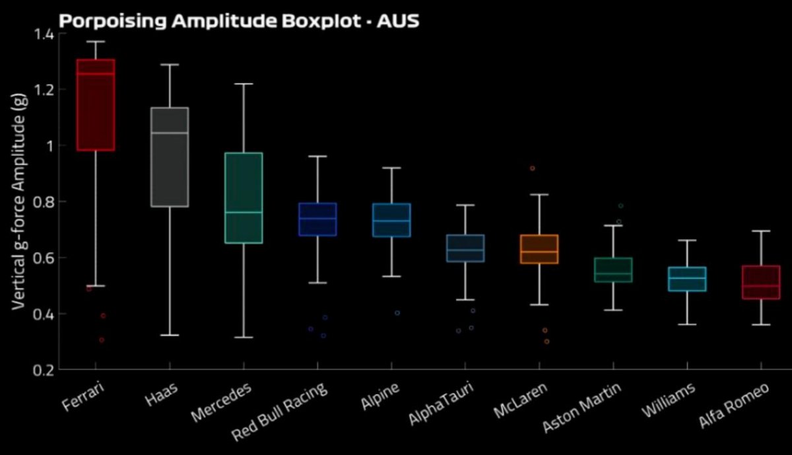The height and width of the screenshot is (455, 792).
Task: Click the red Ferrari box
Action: point(96,106)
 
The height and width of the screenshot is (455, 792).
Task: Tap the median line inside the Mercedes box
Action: point(244,212)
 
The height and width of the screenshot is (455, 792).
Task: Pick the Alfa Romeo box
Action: point(761,283)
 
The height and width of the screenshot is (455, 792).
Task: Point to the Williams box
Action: point(687,279)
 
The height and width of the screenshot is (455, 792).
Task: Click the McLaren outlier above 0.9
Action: point(532,168)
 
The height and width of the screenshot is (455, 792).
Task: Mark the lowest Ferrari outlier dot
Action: point(102,340)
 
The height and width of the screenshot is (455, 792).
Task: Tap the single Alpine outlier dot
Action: point(397,312)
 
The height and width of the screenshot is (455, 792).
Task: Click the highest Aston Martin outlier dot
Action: point(620,206)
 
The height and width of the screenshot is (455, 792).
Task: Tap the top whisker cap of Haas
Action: point(170,64)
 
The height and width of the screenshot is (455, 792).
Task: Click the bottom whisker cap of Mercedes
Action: point(244,337)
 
